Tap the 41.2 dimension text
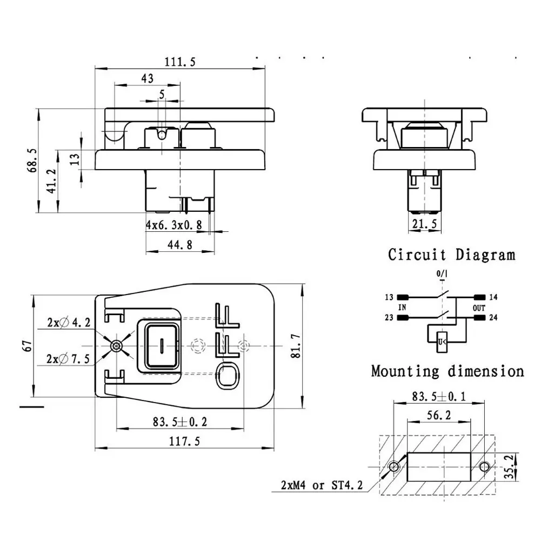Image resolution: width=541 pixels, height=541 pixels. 51,181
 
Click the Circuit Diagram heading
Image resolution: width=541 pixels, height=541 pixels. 451,255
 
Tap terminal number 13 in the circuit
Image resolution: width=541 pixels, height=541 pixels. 389,297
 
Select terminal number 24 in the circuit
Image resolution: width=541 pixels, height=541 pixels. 493,317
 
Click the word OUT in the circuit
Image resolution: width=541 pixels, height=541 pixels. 478,308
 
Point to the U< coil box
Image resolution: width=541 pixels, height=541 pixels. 442,341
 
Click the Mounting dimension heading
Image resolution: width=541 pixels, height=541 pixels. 448,371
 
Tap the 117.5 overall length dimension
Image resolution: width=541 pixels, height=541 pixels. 184,442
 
